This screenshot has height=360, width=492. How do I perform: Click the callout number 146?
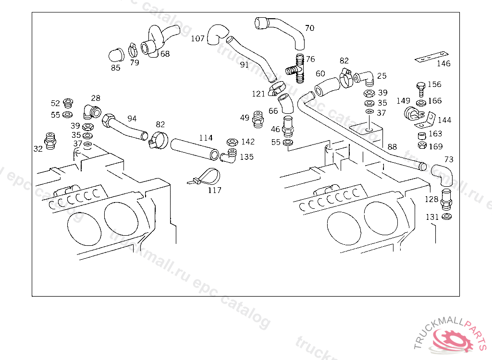pos(443,63)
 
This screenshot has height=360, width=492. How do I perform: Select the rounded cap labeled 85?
pos(116,56)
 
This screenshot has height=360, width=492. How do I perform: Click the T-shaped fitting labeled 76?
pos(295,69)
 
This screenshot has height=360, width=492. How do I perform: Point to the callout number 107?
pos(197,38)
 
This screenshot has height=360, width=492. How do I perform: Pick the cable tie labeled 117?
pos(204,177)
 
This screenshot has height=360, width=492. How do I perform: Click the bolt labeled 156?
pos(421,89)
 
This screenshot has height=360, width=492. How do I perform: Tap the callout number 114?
pos(206,138)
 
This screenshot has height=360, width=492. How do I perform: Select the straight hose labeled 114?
pos(195,149)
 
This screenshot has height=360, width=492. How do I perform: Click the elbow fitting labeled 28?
pos(92,112)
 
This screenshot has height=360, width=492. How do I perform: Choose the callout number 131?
pos(432,217)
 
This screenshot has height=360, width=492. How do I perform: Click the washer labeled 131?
pos(446,216)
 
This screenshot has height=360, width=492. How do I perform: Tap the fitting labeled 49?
pos(258,119)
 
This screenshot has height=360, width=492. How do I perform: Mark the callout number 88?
pos(392,147)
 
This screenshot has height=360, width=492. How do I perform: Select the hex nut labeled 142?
pos(232,142)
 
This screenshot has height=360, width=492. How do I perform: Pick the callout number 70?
pos(310,28)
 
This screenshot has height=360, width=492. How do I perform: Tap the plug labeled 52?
pos(68,102)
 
